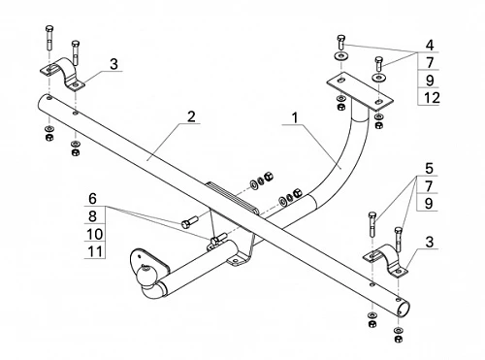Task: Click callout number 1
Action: pyautogui.click(x=295, y=118)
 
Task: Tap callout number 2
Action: pyautogui.click(x=191, y=116)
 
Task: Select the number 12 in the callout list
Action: pyautogui.click(x=432, y=98)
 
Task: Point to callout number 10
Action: pyautogui.click(x=94, y=234)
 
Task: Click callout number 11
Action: pyautogui.click(x=95, y=251)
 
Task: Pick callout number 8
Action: pyautogui.click(x=93, y=216)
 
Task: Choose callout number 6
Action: pyautogui.click(x=93, y=199)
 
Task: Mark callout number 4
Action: pyautogui.click(x=430, y=45)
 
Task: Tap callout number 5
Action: pyautogui.click(x=429, y=168)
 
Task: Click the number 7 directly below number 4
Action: pyautogui.click(x=430, y=62)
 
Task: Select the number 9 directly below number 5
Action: pyautogui.click(x=429, y=204)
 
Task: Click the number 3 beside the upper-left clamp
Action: pyautogui.click(x=113, y=64)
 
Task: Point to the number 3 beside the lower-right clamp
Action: pyautogui.click(x=430, y=242)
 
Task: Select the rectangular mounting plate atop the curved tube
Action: pyautogui.click(x=360, y=90)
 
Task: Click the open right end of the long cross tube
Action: pyautogui.click(x=404, y=310)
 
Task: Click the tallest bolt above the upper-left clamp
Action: pyautogui.click(x=49, y=38)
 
